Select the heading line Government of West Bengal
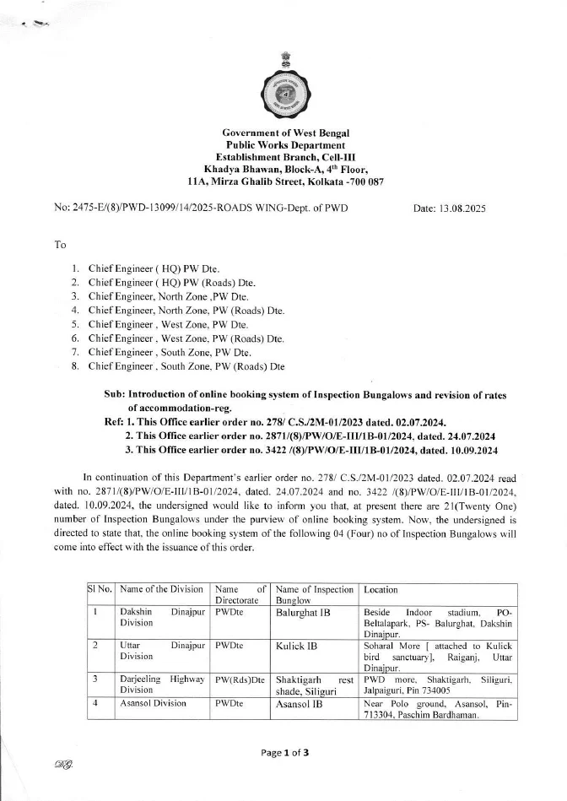(x=285, y=133)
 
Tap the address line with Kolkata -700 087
(x=285, y=181)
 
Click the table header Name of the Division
(x=161, y=590)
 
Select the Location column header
(x=381, y=590)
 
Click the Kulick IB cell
(x=296, y=646)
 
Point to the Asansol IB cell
(x=300, y=703)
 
